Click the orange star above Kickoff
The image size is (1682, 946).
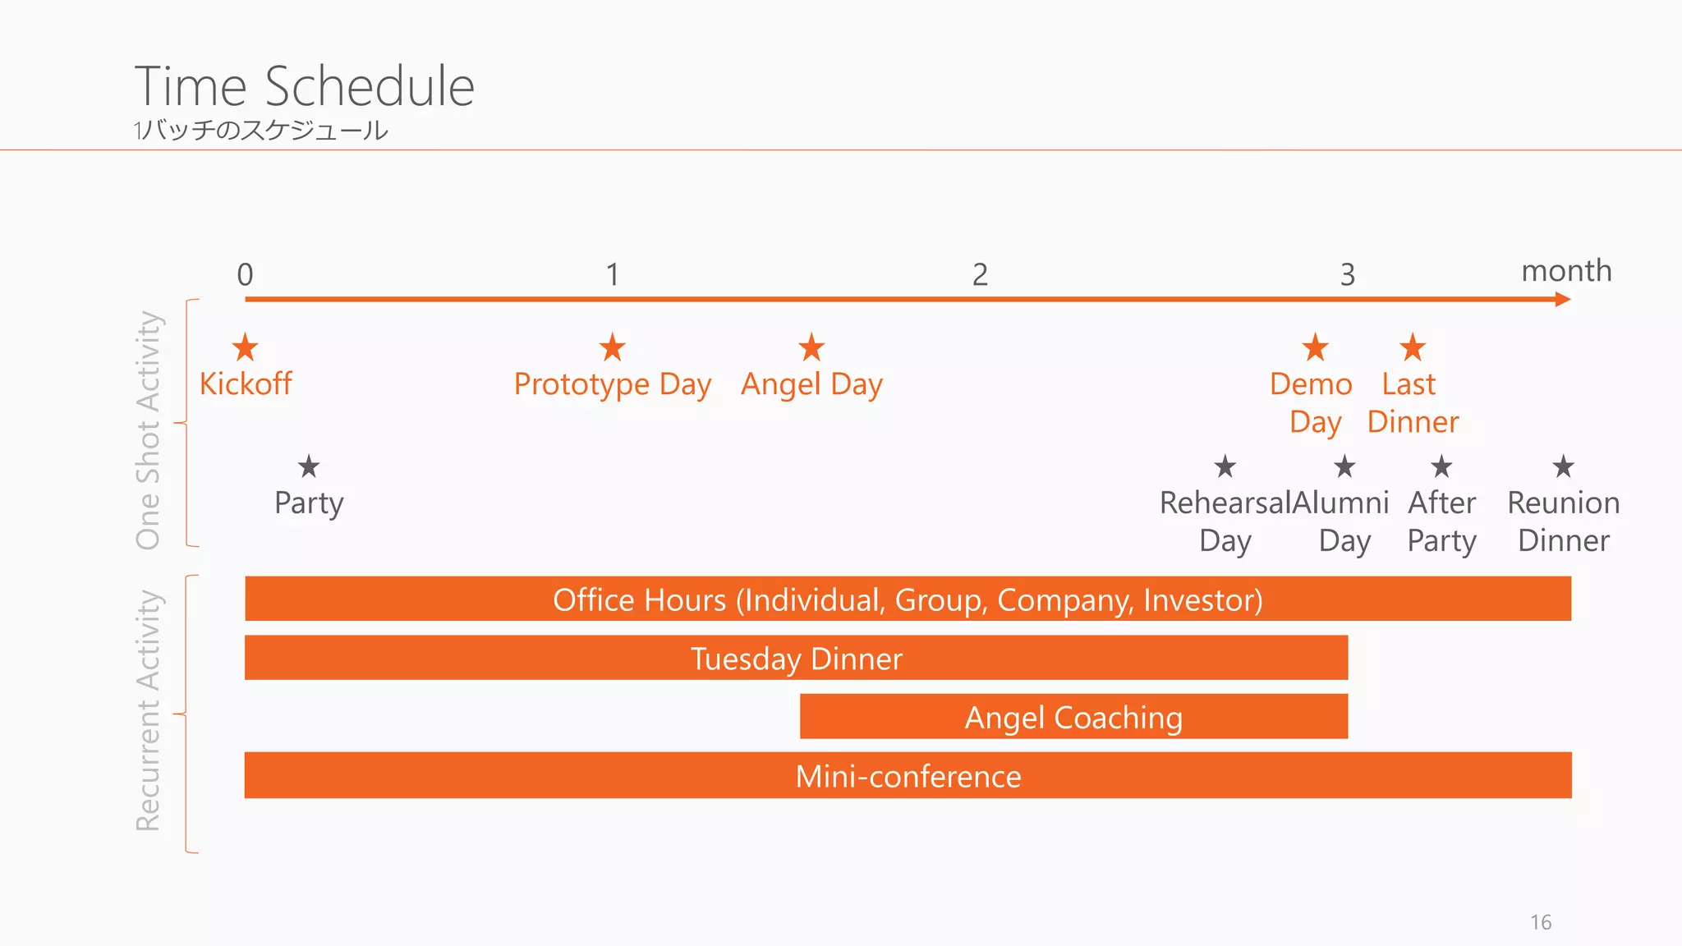click(x=245, y=347)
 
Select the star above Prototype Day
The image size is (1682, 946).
click(x=612, y=347)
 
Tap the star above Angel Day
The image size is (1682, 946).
click(x=811, y=347)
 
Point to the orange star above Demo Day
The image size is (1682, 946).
click(x=1315, y=347)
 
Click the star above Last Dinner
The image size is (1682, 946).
click(x=1413, y=347)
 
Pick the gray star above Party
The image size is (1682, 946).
click(x=309, y=466)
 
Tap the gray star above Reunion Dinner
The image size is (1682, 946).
click(x=1563, y=466)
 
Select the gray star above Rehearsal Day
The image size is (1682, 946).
click(x=1225, y=466)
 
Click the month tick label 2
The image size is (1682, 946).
click(x=980, y=274)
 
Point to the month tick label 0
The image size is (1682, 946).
click(x=245, y=274)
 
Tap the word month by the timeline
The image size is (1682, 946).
click(x=1566, y=271)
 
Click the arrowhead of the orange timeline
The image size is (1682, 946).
click(x=1563, y=299)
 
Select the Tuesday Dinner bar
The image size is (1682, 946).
click(x=796, y=658)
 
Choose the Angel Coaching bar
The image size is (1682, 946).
click(x=1073, y=717)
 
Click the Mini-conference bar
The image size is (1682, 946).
click(x=908, y=776)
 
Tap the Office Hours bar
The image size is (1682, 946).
click(x=908, y=599)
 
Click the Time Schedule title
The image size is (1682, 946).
click(x=305, y=86)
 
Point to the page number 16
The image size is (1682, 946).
click(x=1541, y=922)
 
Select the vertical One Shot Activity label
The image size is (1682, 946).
click(x=149, y=429)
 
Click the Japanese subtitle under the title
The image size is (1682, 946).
click(x=260, y=131)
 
